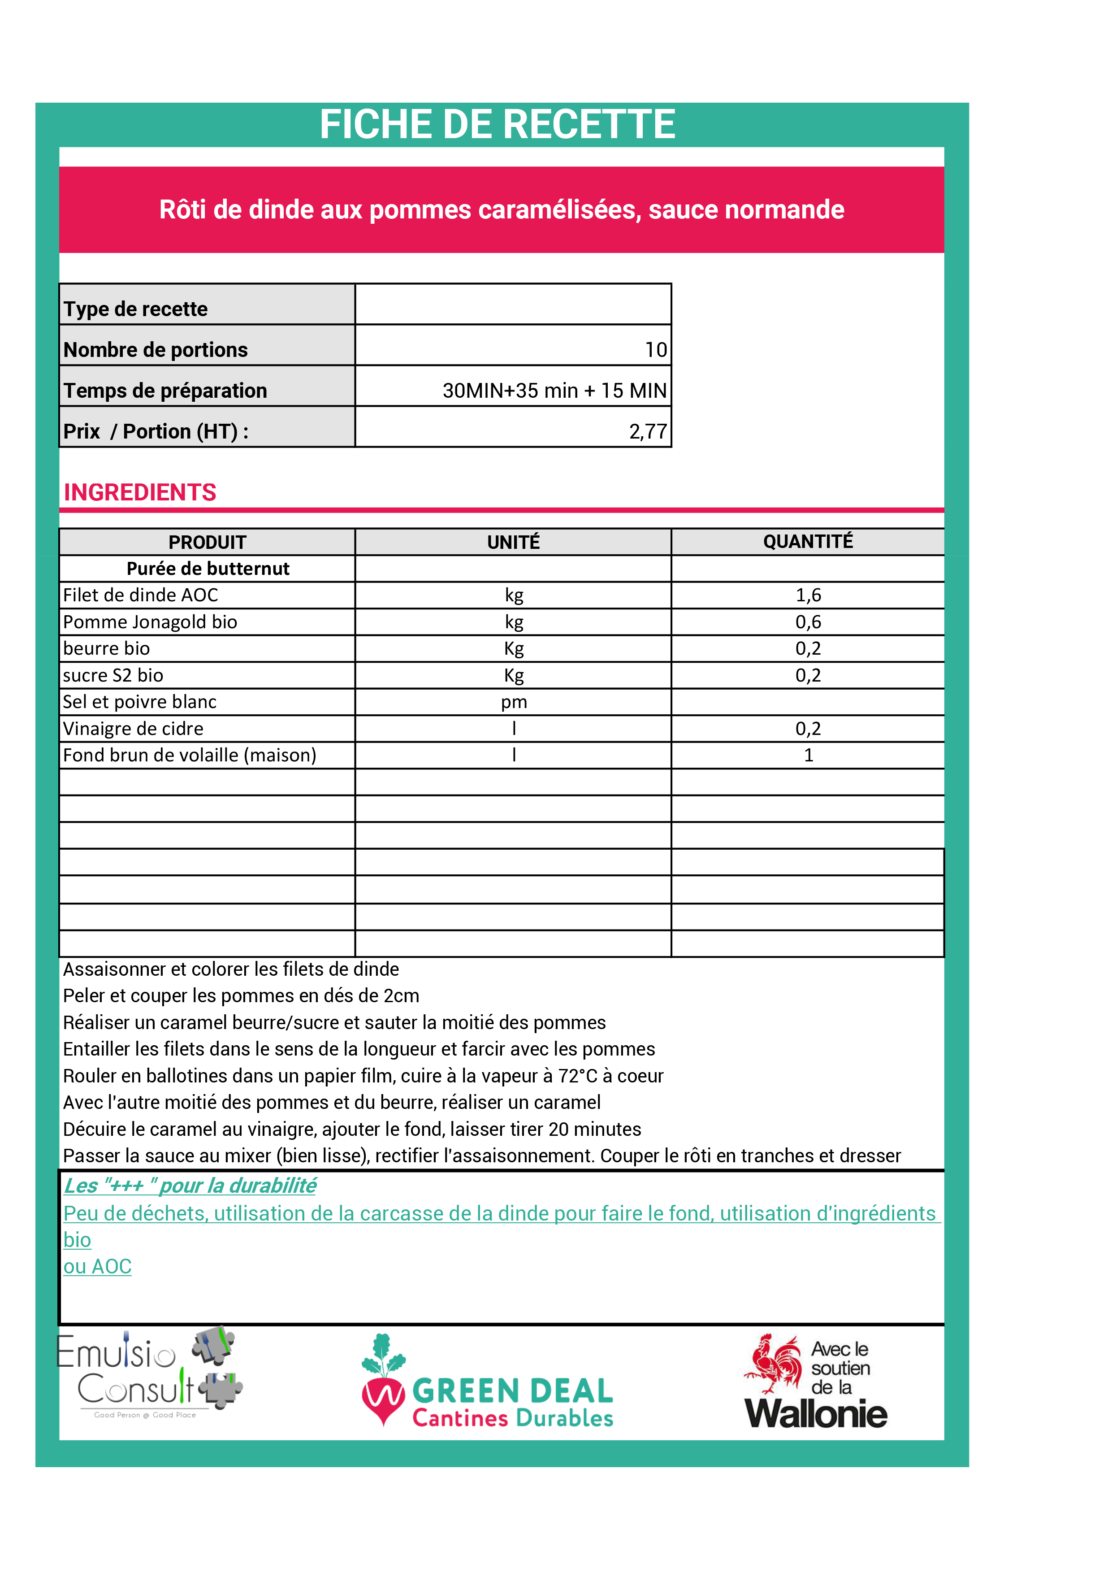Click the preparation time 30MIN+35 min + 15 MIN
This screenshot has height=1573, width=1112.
pyautogui.click(x=554, y=391)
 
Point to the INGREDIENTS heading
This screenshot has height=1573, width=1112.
pyautogui.click(x=140, y=493)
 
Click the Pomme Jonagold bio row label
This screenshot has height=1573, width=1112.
pyautogui.click(x=150, y=622)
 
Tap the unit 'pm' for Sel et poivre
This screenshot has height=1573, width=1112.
pyautogui.click(x=514, y=702)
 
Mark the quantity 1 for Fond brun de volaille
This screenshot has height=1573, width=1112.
pyautogui.click(x=808, y=755)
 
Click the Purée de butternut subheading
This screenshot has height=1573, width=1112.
pyautogui.click(x=208, y=569)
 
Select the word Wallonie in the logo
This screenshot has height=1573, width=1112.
pyautogui.click(x=816, y=1414)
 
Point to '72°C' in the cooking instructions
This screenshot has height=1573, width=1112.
pyautogui.click(x=578, y=1076)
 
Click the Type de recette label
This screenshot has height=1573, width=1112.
pyautogui.click(x=135, y=309)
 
